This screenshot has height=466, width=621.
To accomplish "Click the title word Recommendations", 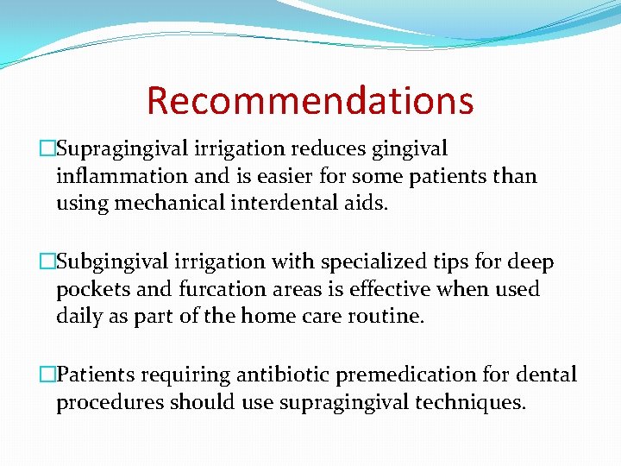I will coord(310,101).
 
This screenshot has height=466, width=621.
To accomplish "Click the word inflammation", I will coord(120,177).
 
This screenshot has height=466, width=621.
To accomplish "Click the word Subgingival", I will coord(110,262).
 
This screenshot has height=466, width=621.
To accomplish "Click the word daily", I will coord(79,317).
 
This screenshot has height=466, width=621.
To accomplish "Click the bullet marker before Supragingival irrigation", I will coord(48,149).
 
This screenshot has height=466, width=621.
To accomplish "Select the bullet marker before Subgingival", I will coord(48,262).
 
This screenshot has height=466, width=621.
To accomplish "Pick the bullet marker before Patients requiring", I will coord(48,375).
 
